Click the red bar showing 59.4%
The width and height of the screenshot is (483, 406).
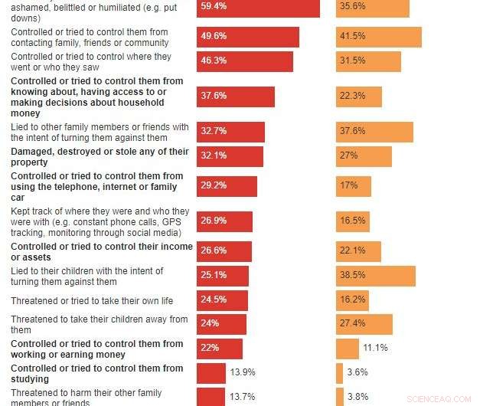[x=258, y=8]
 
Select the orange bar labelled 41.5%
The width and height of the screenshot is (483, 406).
[x=378, y=38]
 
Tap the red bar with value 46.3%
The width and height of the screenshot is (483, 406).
[x=244, y=61]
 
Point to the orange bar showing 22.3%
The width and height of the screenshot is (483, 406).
[x=358, y=97]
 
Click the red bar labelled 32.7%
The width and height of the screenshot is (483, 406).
[x=230, y=132]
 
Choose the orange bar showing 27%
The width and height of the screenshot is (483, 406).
[x=364, y=156]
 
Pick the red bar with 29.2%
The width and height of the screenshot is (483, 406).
[x=227, y=186]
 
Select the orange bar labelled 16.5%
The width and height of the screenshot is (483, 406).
[x=352, y=222]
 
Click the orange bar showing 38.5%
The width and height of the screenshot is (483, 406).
[x=375, y=276]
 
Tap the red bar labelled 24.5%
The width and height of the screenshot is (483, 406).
[x=222, y=300]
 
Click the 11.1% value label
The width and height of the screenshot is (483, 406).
[x=375, y=349]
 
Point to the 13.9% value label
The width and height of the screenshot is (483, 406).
[x=243, y=373]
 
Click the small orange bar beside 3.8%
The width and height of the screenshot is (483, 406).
[x=339, y=397]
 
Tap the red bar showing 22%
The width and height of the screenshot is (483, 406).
[x=219, y=349]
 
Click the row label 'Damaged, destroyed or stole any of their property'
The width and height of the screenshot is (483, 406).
[x=100, y=157]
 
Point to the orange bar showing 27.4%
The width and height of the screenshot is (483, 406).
[x=364, y=324]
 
